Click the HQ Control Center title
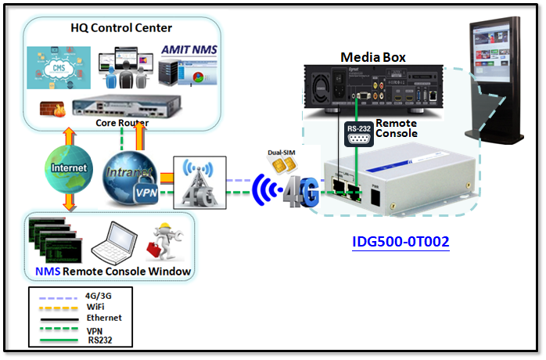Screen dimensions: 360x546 point(123,28)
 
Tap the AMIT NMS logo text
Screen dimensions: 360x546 point(189,49)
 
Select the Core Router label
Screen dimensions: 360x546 point(121,123)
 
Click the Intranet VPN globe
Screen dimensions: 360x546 point(131,173)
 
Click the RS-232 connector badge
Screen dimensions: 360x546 point(358,135)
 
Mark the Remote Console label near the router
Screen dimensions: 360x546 point(396,128)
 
